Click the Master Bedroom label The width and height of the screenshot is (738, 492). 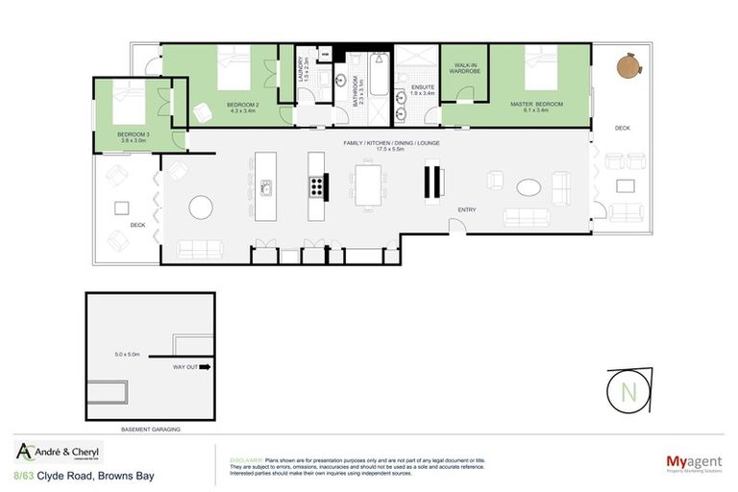click(537, 105)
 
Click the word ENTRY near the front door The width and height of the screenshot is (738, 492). click(467, 209)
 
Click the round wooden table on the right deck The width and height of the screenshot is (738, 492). click(629, 66)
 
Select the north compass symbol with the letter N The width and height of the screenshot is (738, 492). click(628, 392)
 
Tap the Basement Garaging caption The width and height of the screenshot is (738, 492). click(152, 429)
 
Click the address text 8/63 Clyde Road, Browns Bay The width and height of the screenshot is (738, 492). click(84, 476)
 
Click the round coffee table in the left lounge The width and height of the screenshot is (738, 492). click(201, 207)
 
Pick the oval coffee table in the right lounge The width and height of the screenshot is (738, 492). click(529, 186)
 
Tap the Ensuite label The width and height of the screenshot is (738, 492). click(423, 88)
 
